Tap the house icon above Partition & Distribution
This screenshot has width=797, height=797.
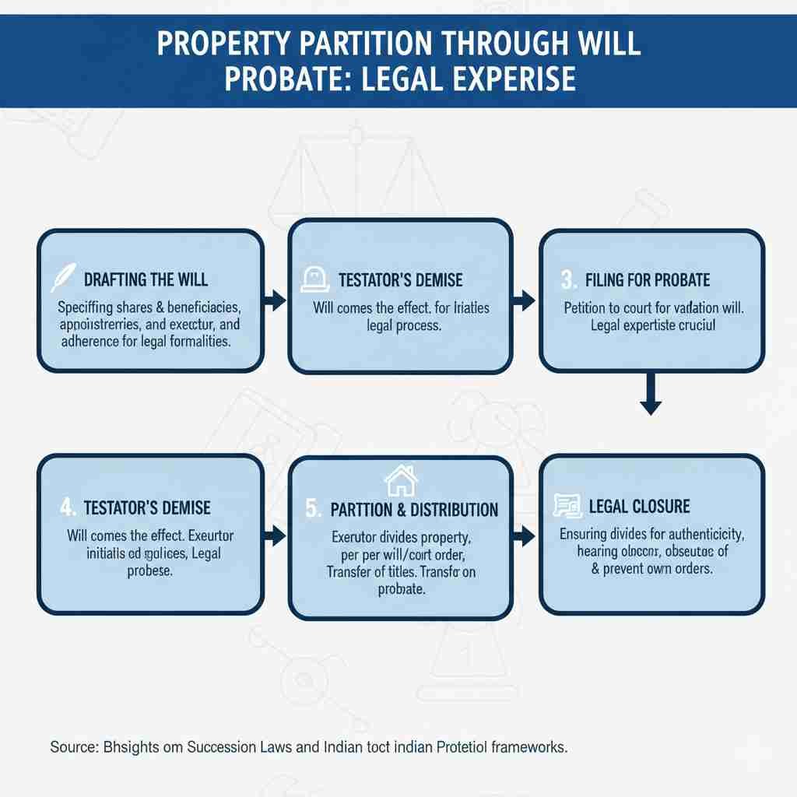396,480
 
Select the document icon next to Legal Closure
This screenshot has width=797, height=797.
567,506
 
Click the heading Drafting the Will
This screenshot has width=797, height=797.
146,279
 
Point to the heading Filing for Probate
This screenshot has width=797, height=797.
648,279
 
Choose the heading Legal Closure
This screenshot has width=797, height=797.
639,507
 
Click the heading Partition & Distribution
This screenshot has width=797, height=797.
413,510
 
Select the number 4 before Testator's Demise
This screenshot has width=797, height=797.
68,507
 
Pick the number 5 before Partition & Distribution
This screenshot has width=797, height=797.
312,510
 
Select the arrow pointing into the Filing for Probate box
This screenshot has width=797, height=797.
526,298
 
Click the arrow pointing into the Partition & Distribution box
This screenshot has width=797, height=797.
275,535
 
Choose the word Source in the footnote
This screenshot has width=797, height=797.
73,747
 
